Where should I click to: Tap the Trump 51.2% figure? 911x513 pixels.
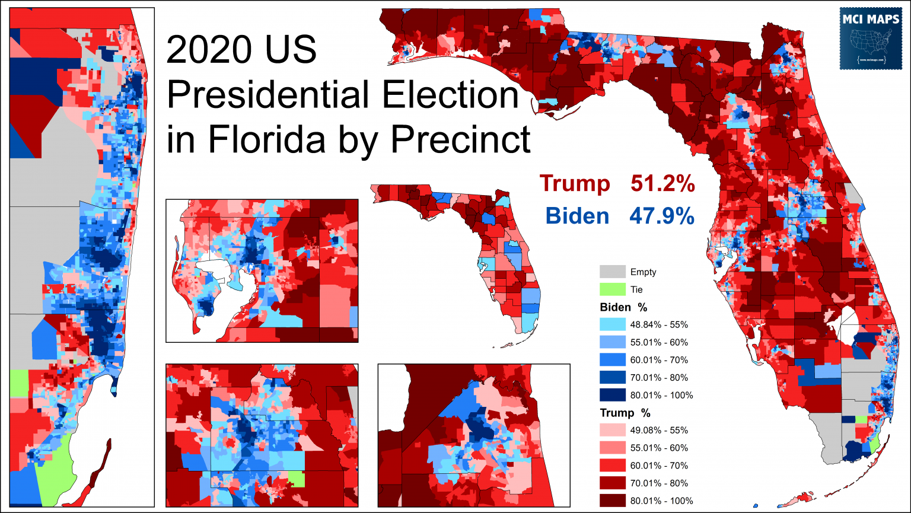617,184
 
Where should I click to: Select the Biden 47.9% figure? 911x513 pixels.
619,216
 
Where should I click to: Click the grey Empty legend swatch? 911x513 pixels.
613,272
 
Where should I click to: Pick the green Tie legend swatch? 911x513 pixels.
613,289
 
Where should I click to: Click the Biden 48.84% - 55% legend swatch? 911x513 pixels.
613,324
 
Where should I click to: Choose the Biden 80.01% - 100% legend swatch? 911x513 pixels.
613,395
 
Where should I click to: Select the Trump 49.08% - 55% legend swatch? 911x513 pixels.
613,430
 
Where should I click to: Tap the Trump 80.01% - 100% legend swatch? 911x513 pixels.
613,501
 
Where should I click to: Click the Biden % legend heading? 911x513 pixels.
623,307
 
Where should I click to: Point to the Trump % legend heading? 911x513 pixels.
625,413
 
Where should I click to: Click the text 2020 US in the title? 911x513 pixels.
241,50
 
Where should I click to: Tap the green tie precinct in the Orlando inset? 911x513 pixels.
296,479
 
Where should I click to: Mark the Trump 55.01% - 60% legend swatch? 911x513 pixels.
613,448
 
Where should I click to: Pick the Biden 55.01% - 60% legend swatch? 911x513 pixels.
613,342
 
